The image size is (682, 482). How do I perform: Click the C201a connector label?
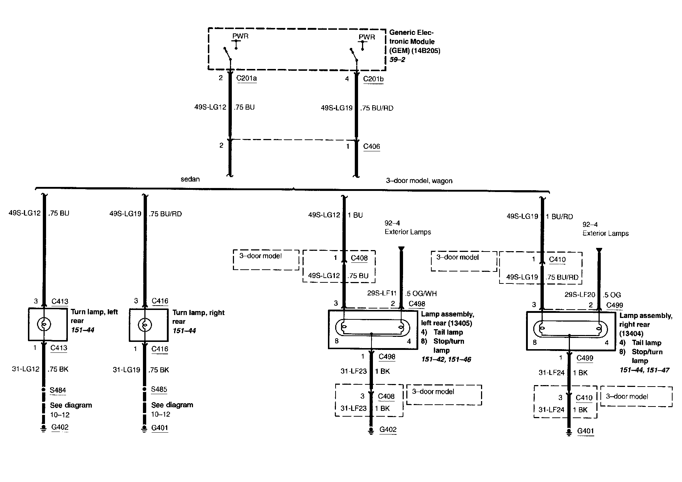point(246,78)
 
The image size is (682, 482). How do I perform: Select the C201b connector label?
point(373,79)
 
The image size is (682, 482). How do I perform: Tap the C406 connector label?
point(371,146)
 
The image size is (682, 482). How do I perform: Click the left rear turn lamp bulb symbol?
point(44,324)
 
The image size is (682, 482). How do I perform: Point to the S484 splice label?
point(58,390)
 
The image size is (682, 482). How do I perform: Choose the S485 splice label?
point(159,389)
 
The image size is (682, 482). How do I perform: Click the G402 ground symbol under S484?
point(44,428)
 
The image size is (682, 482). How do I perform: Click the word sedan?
point(190,179)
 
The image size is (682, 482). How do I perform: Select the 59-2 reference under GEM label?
point(397,60)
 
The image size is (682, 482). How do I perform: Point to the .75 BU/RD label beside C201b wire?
point(377,108)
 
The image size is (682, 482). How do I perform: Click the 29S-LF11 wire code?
point(382,293)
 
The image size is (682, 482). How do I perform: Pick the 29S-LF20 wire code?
point(580,295)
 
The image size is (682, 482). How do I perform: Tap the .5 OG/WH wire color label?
point(421,294)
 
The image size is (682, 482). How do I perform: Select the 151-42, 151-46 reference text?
point(446,360)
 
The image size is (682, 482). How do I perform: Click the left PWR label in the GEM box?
point(240,36)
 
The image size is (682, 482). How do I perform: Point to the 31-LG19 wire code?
point(126,370)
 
